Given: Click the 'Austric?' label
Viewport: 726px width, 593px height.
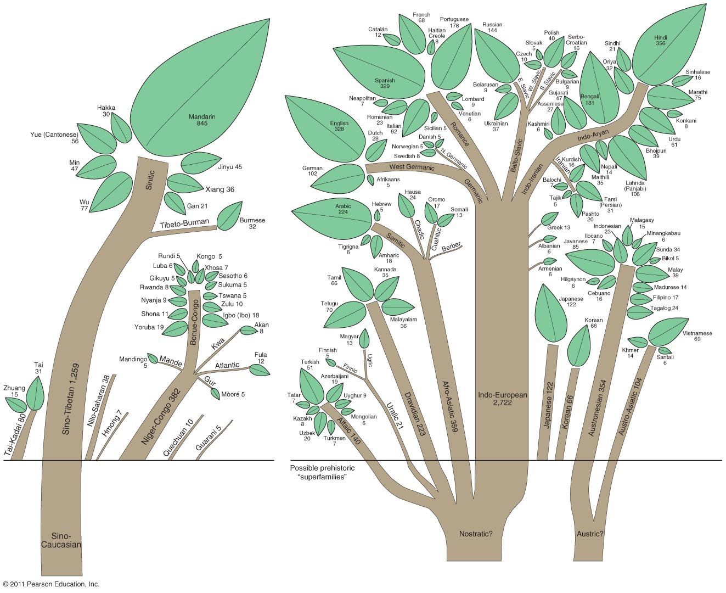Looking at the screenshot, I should [x=590, y=533].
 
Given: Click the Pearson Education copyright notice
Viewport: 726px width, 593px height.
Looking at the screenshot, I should [x=51, y=584].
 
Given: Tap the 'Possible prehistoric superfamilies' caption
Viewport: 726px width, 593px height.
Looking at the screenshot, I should [x=323, y=472].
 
